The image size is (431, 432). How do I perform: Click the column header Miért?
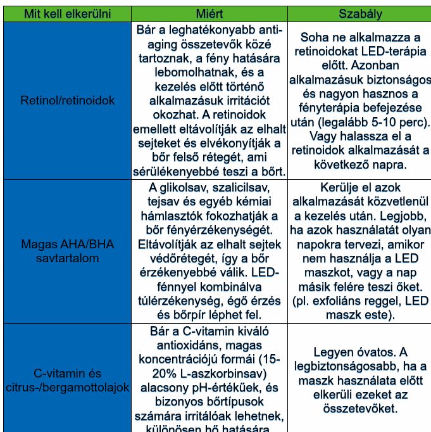click(x=209, y=14)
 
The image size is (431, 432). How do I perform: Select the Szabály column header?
click(x=360, y=14)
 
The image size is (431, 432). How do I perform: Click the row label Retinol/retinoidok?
click(x=67, y=101)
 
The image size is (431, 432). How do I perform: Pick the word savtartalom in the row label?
click(x=67, y=258)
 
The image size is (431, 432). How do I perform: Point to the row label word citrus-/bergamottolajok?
click(x=67, y=387)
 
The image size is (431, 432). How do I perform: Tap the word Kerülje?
click(x=324, y=188)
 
